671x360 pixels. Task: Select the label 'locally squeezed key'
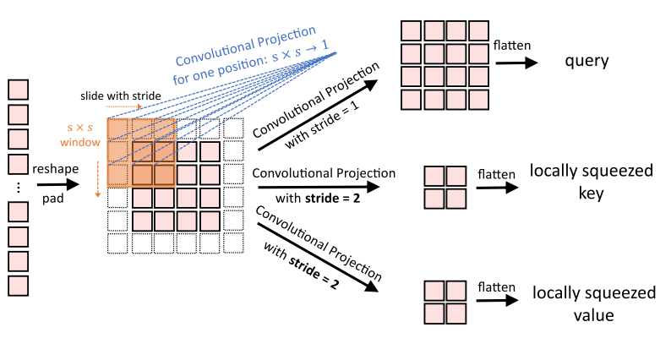[x=591, y=182]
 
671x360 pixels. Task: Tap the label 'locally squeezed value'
[x=593, y=304]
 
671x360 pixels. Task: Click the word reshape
[x=56, y=169]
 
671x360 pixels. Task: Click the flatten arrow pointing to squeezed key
[x=497, y=188]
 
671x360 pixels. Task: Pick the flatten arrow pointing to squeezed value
[x=498, y=302]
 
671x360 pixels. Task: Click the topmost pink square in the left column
[x=18, y=89]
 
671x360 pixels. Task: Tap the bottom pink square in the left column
[x=18, y=285]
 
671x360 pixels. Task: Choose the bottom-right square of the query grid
[x=478, y=100]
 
